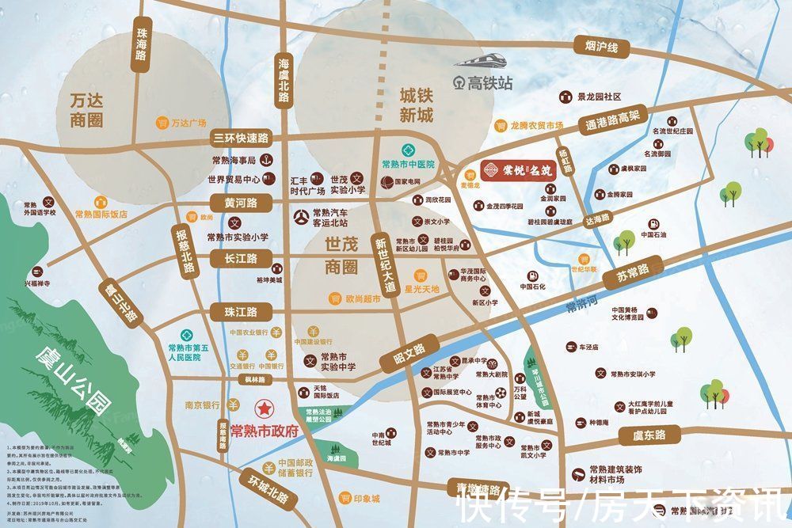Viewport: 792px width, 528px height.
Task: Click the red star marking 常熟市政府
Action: click(x=261, y=409)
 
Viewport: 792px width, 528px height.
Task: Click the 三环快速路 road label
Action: click(x=242, y=138)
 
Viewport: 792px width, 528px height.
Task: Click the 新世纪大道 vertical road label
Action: click(x=384, y=267)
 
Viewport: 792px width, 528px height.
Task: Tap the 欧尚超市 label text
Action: click(x=363, y=299)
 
